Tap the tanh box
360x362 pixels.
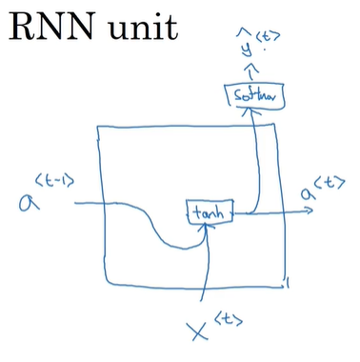point(208,213)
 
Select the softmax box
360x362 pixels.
point(251,95)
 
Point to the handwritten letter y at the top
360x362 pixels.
point(250,49)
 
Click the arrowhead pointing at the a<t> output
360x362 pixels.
point(307,213)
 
